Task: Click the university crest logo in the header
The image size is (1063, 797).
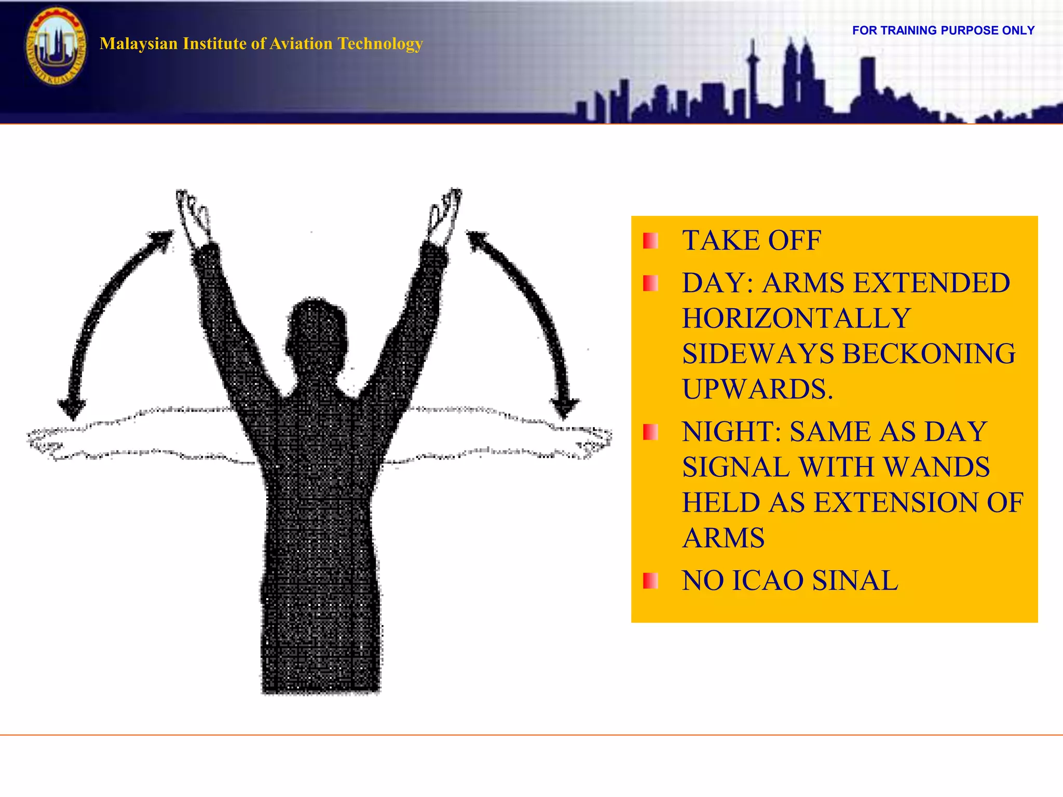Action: [x=56, y=47]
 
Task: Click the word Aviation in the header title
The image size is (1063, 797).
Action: [x=292, y=44]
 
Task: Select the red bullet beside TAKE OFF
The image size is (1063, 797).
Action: [x=650, y=241]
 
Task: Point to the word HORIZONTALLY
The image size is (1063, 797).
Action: [x=796, y=319]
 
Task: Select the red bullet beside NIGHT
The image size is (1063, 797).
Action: [x=650, y=432]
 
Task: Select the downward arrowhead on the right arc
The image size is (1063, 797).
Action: [x=565, y=408]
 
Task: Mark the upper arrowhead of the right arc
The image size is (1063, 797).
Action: [x=476, y=240]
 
